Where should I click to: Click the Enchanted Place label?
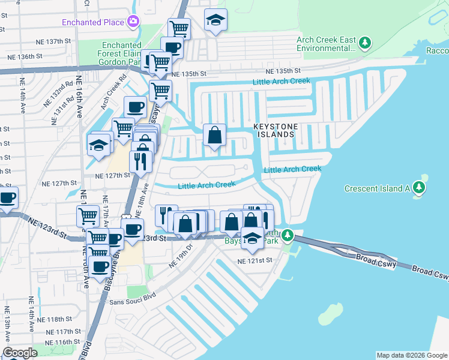pos(93,23)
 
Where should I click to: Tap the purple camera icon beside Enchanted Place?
pos(133,23)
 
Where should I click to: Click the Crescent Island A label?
pos(376,188)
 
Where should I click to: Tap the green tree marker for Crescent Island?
pos(418,188)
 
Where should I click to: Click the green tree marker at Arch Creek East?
pos(364,43)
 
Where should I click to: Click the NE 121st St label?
pos(255,261)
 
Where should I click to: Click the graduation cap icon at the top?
pos(215,20)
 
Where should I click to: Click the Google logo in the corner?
pos(20,353)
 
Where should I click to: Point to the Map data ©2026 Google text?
pos(412,355)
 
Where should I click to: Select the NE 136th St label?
pos(25,56)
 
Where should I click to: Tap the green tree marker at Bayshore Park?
pos(288,235)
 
